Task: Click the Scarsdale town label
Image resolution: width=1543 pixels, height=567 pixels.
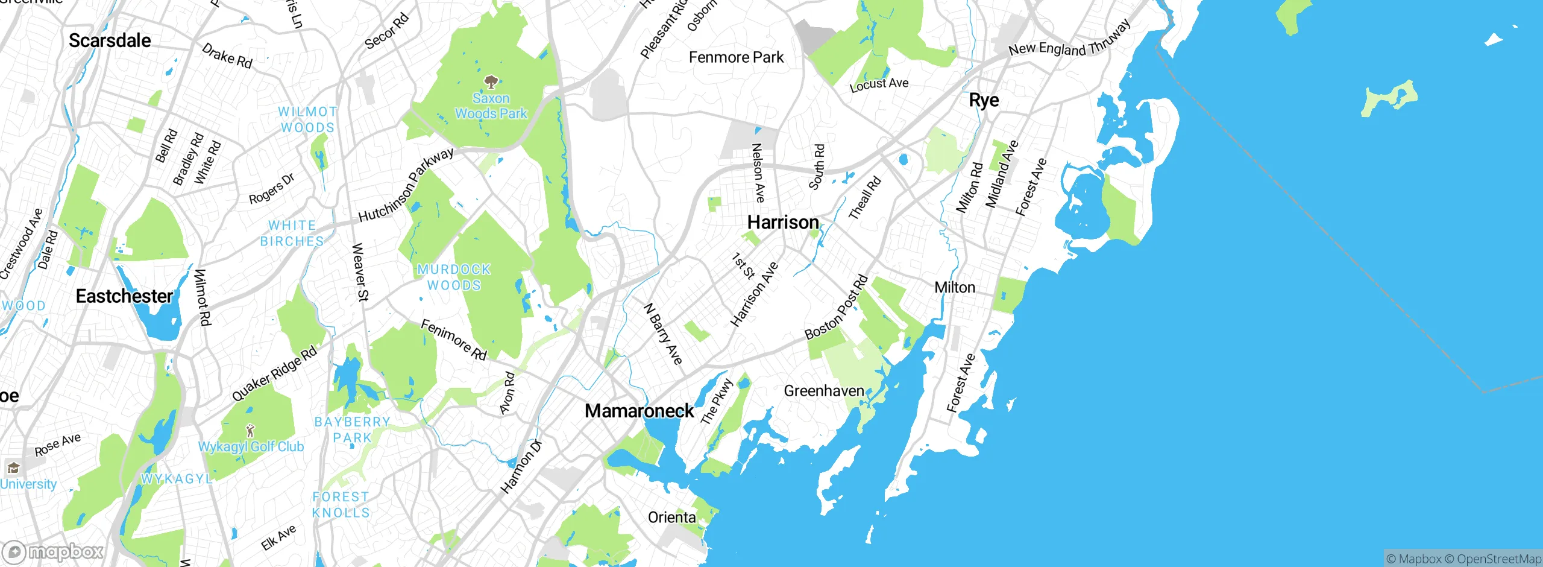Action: (110, 40)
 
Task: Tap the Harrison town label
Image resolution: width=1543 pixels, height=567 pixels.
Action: (782, 223)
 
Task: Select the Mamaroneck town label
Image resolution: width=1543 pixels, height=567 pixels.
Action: (639, 411)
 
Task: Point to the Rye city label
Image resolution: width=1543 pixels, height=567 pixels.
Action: (984, 100)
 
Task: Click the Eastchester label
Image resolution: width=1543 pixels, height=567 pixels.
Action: (124, 296)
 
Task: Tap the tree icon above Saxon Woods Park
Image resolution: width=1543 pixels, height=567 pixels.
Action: (491, 81)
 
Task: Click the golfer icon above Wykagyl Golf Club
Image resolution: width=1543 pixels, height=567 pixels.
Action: (251, 431)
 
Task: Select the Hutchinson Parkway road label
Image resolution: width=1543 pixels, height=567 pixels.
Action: (406, 185)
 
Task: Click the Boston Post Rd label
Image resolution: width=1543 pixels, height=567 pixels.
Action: (837, 308)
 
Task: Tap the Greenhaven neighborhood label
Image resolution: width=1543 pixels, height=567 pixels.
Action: (823, 391)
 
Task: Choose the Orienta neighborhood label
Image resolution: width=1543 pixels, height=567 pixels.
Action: (671, 518)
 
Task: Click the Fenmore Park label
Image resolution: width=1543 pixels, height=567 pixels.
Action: (736, 57)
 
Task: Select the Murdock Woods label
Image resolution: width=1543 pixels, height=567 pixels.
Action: (454, 277)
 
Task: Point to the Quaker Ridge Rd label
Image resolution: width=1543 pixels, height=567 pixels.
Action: (274, 374)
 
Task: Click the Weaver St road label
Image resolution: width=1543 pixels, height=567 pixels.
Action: (360, 272)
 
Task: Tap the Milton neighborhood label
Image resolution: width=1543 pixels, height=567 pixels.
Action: (954, 288)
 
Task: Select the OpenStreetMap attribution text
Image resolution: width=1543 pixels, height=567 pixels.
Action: (1498, 559)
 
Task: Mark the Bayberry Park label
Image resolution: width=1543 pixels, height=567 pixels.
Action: (352, 429)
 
